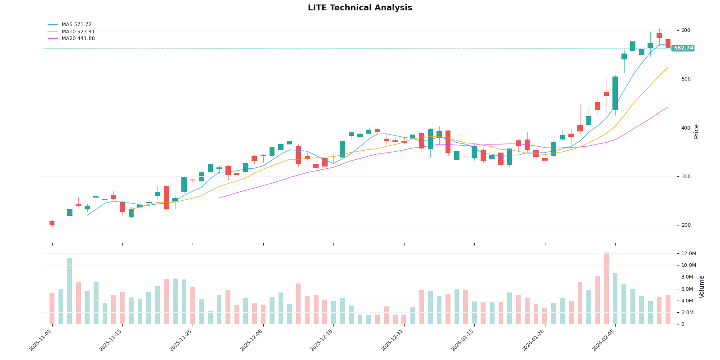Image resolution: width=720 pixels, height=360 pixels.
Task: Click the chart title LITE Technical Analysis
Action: (x=360, y=8)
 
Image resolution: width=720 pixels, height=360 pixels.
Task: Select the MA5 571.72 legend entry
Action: (x=76, y=25)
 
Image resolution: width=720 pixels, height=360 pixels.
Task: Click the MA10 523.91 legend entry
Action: (x=78, y=32)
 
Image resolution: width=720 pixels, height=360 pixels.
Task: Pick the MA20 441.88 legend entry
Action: (x=78, y=39)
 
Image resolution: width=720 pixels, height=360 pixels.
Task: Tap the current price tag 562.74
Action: (x=683, y=48)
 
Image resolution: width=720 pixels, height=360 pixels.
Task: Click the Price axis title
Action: (x=697, y=131)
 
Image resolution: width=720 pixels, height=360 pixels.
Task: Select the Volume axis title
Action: (x=702, y=287)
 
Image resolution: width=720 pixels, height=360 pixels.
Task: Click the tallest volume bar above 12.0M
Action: (x=606, y=288)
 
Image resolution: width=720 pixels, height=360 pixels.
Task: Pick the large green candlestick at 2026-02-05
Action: (x=615, y=93)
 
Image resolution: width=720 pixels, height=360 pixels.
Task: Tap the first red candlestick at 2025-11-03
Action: (x=52, y=223)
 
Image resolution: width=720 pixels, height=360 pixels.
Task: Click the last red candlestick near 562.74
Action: (x=668, y=44)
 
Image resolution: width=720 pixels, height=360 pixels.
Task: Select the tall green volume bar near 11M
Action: (x=70, y=291)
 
